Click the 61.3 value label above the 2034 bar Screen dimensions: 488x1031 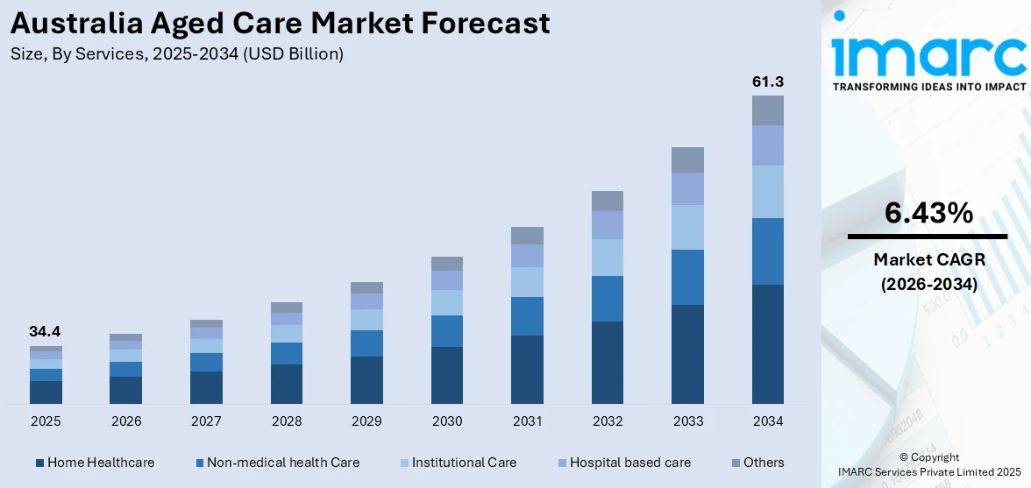(767, 81)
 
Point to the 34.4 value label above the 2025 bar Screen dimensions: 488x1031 (46, 332)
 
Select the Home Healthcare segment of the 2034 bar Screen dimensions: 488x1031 (767, 343)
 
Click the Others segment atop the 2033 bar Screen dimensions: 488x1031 (687, 159)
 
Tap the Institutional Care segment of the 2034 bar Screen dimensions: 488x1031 (767, 191)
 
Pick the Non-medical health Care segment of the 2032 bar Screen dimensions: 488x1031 (607, 299)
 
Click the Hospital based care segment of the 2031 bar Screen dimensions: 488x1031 (527, 256)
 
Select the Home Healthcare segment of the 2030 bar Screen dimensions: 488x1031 (446, 375)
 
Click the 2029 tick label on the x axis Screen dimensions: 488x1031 (366, 421)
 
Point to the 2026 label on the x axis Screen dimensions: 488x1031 (126, 421)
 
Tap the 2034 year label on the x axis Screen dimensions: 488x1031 (767, 421)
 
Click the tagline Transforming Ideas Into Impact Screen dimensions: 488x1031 (928, 87)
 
